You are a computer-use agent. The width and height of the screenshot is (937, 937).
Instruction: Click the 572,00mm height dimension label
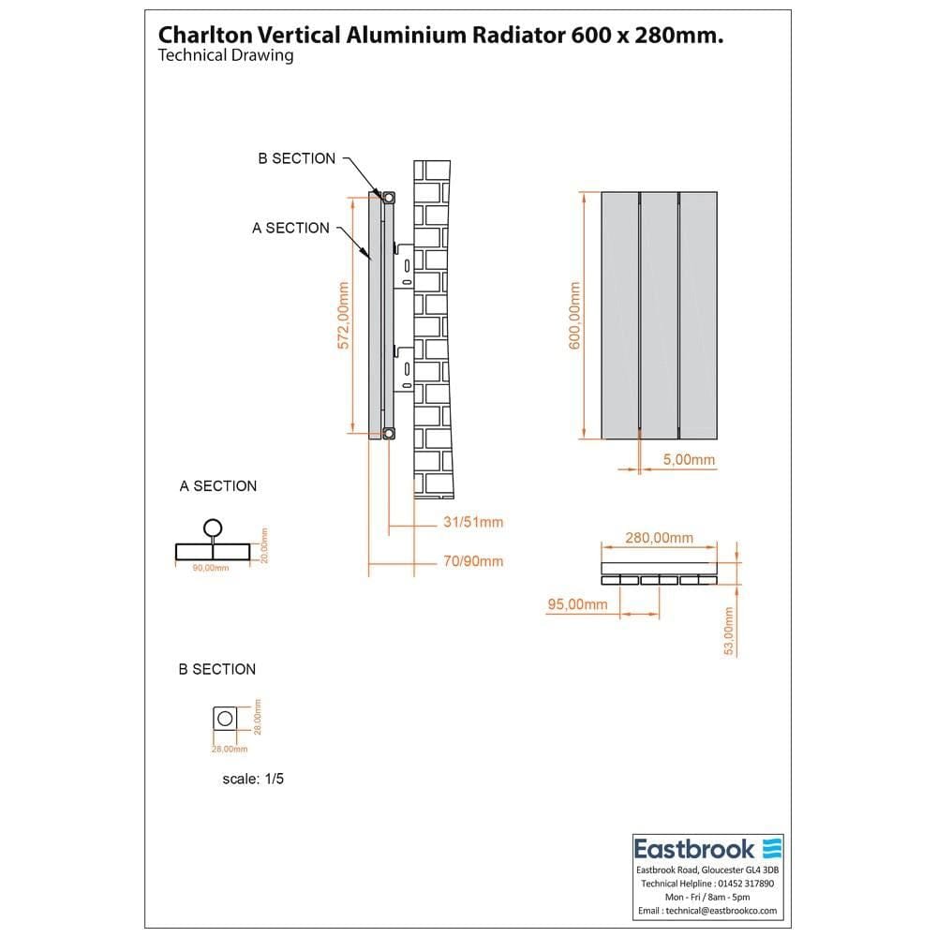pos(344,315)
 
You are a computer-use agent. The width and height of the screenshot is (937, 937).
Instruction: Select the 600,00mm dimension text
pos(575,315)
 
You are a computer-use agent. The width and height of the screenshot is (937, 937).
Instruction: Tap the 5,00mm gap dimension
pos(689,459)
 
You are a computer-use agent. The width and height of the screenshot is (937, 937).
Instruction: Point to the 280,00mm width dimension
pos(659,538)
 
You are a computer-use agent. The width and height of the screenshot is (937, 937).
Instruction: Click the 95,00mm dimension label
pos(577,604)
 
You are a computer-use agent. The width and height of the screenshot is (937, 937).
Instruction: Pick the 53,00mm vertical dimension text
pos(729,631)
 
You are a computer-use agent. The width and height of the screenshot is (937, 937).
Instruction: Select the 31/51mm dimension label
pos(473,522)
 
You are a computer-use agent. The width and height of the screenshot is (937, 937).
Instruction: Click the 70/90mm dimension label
pos(473,561)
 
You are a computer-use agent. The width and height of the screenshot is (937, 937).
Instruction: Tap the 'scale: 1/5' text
pos(252,779)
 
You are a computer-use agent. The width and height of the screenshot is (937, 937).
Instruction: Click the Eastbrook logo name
pos(694,849)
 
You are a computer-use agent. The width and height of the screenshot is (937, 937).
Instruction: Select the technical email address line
pos(707,910)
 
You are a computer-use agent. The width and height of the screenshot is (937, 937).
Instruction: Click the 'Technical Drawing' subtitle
pos(226,55)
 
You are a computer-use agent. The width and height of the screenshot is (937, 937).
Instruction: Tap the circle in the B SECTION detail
pos(224,719)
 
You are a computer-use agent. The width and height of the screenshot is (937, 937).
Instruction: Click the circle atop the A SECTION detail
pos(214,528)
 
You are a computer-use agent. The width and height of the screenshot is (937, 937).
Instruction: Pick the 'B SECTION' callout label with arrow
pos(296,158)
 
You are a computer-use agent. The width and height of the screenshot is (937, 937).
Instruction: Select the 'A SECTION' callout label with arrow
pos(290,228)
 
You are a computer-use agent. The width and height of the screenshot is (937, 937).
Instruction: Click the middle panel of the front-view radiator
pos(659,315)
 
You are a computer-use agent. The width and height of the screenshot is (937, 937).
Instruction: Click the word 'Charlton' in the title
pos(198,35)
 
